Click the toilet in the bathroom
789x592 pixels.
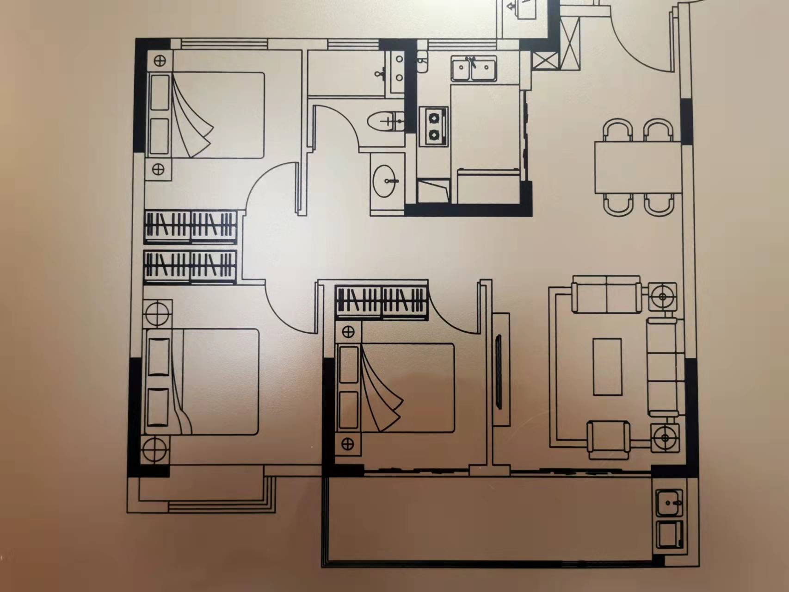pyautogui.click(x=383, y=122)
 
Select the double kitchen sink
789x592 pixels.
pyautogui.click(x=474, y=69)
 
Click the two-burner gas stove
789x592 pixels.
pyautogui.click(x=434, y=126)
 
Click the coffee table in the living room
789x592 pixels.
pyautogui.click(x=607, y=367)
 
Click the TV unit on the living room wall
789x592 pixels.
pyautogui.click(x=500, y=369)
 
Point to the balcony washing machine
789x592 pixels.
pyautogui.click(x=669, y=535)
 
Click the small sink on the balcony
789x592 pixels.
pyautogui.click(x=669, y=502)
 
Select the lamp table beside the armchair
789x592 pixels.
pyautogui.click(x=665, y=437)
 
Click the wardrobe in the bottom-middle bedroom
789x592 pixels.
pyautogui.click(x=382, y=302)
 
